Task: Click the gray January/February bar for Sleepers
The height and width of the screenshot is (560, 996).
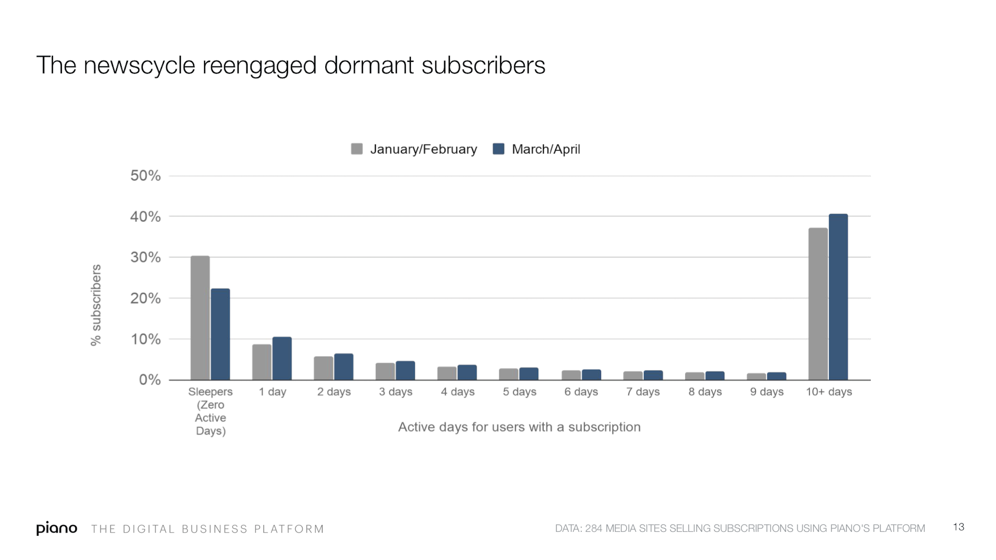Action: [x=200, y=318]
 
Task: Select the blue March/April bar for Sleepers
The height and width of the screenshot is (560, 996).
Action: [x=220, y=334]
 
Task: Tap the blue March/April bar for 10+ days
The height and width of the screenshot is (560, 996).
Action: [x=838, y=297]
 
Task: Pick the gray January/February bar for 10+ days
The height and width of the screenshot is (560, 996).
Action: [x=818, y=304]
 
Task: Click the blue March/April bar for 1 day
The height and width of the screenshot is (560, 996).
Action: [x=282, y=358]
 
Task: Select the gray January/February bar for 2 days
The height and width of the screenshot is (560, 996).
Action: [x=323, y=368]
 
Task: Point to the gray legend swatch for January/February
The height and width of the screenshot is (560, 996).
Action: [x=356, y=149]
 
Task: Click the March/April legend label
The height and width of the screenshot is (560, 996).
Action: [x=545, y=149]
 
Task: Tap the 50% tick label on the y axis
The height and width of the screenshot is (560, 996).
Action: [x=145, y=176]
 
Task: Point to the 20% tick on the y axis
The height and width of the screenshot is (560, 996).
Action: [x=145, y=299]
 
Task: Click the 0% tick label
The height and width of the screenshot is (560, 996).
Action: [x=150, y=380]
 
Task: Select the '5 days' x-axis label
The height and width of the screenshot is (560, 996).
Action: [x=519, y=392]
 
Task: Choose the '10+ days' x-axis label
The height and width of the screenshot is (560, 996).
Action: [x=829, y=392]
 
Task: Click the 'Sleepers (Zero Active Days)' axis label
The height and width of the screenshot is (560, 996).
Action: [x=210, y=411]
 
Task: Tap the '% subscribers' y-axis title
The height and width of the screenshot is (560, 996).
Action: [x=96, y=305]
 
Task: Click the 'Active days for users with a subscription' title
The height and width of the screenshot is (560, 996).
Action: [x=519, y=427]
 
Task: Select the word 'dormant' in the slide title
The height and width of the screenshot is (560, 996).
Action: [x=369, y=65]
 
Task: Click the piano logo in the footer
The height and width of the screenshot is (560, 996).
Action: [x=57, y=528]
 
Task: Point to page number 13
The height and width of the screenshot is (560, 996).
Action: [x=958, y=527]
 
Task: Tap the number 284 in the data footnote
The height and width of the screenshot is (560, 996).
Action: [x=593, y=528]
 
